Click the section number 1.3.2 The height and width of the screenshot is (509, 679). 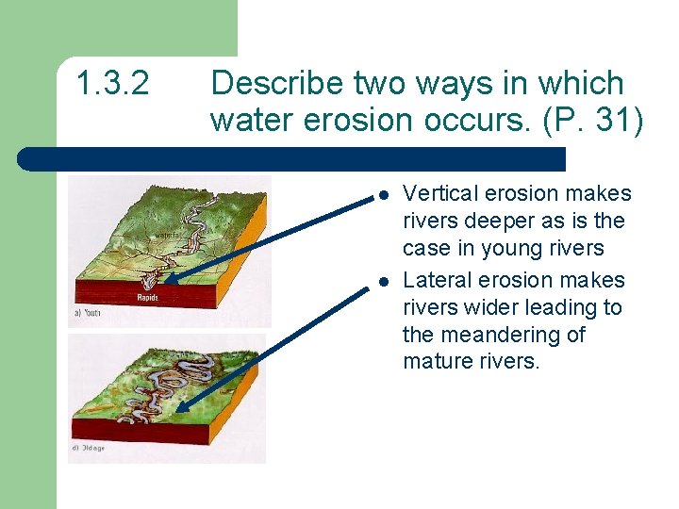coord(112,84)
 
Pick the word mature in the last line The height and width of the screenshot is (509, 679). coord(436,363)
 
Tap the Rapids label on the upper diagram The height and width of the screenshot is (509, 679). coord(148,297)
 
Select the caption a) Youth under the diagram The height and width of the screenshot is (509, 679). coord(87,313)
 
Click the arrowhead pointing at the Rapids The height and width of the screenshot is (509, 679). coord(171,279)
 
